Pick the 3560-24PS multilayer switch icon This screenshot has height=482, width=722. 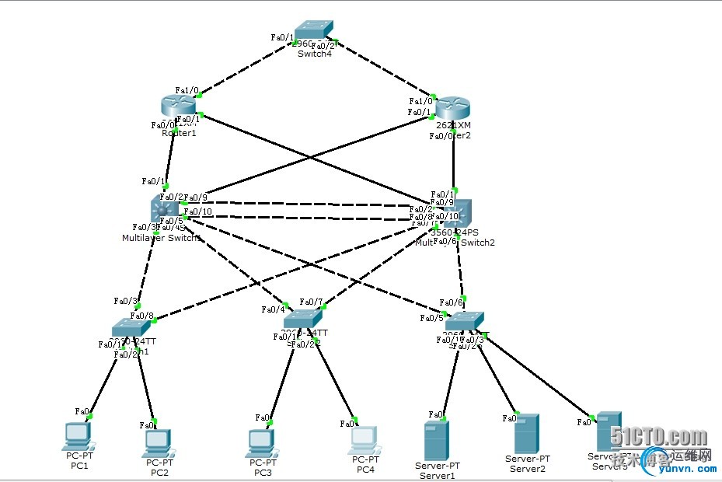[x=454, y=211]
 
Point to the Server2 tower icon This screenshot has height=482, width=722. [x=527, y=434]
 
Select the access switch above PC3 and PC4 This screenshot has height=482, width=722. [x=302, y=319]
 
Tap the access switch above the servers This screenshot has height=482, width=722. [x=465, y=320]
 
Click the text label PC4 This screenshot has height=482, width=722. [x=365, y=470]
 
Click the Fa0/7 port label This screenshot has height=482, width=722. [x=310, y=302]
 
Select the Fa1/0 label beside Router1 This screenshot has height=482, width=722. [x=187, y=90]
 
